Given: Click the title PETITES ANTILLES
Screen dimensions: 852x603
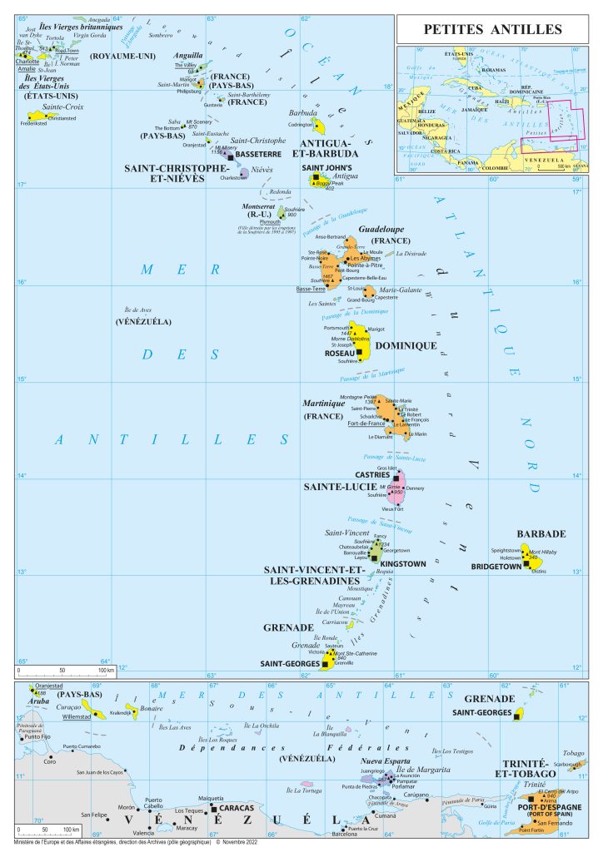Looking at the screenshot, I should click(x=493, y=30).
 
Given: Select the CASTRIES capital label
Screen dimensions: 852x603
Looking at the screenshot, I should click(x=371, y=474).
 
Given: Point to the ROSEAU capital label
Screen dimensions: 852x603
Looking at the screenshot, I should click(x=339, y=354).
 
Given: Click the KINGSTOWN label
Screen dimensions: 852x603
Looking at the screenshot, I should click(x=403, y=564).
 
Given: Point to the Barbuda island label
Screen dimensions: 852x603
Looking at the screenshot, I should click(x=303, y=112).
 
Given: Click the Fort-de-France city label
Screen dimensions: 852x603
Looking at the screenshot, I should click(x=366, y=424).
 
